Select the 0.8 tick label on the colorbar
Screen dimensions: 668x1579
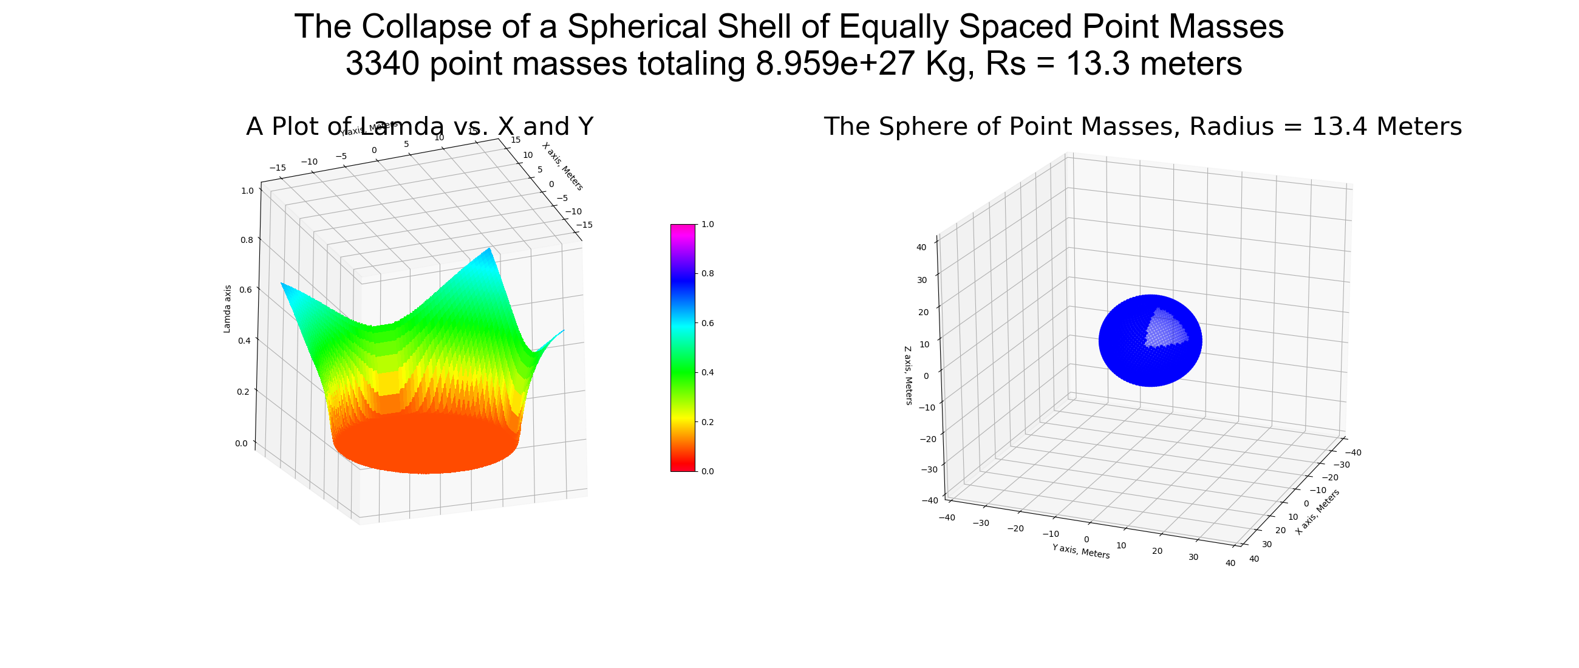pyautogui.click(x=708, y=274)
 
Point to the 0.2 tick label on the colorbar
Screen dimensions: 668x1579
pyautogui.click(x=708, y=422)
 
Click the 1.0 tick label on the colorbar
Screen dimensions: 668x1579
pyautogui.click(x=708, y=224)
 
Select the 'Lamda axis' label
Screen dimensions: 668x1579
pyautogui.click(x=227, y=309)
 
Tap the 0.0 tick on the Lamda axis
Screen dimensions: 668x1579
pyautogui.click(x=241, y=444)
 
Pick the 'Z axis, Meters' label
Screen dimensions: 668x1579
pyautogui.click(x=909, y=375)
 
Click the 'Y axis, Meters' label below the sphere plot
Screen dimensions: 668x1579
pyautogui.click(x=1080, y=551)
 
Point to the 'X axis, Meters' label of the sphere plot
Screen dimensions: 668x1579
pyautogui.click(x=1317, y=512)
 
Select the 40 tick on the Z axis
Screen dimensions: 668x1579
pyautogui.click(x=921, y=248)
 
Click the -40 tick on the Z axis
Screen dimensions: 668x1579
pyautogui.click(x=929, y=500)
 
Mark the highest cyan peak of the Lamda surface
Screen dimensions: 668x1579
pyautogui.click(x=489, y=250)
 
